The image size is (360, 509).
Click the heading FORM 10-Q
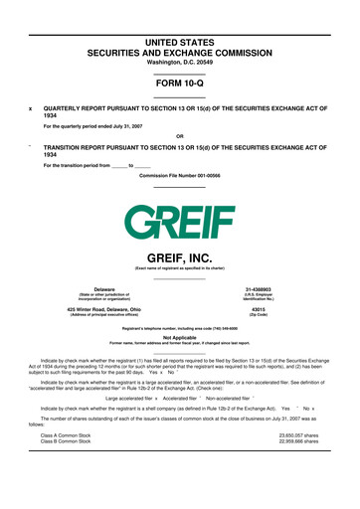(180, 84)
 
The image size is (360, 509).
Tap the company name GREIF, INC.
(180, 256)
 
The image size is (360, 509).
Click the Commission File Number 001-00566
(180, 175)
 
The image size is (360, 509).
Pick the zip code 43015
(299, 310)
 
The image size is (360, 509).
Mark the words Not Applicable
(180, 336)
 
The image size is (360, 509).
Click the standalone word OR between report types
(180, 136)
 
